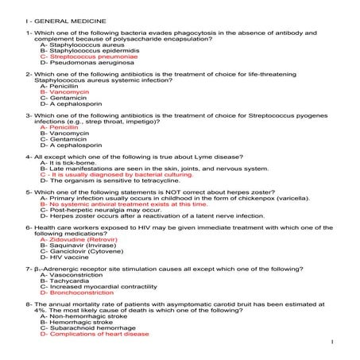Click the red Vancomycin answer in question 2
(65, 92)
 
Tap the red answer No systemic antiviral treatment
(123, 204)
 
